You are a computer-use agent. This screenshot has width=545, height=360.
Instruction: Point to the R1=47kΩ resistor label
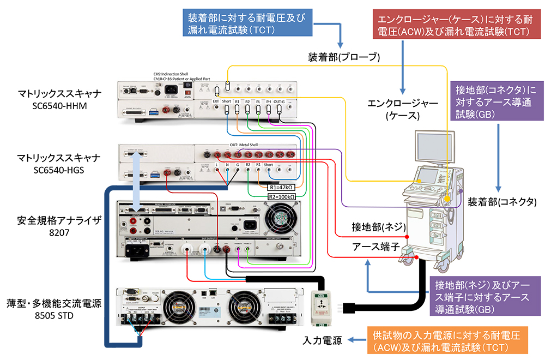click(280, 187)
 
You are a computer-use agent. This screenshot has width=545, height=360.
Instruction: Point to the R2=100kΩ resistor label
click(282, 196)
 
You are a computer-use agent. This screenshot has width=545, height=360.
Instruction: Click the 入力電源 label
click(323, 341)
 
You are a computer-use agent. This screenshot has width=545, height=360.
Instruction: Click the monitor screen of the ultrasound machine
click(434, 148)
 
